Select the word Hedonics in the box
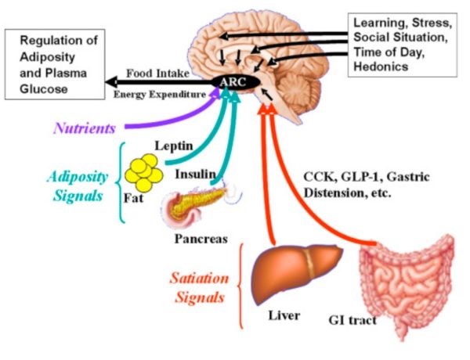379,67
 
